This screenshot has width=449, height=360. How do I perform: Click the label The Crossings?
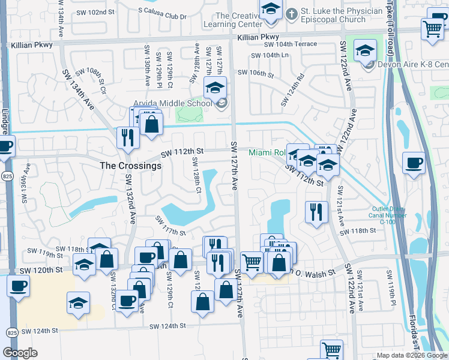tap(131, 166)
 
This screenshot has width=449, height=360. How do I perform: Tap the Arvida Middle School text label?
tap(173, 103)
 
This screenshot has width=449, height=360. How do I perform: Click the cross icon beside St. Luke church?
tap(291, 13)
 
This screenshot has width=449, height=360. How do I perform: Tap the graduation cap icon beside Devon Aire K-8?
tap(364, 51)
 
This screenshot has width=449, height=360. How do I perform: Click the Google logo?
tap(20, 353)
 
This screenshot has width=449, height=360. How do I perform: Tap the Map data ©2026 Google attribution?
tap(411, 355)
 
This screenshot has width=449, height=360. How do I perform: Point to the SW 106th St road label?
tap(255, 73)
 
